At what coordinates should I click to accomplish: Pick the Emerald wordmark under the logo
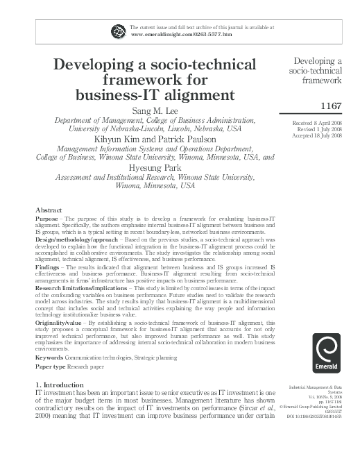[321, 360]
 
